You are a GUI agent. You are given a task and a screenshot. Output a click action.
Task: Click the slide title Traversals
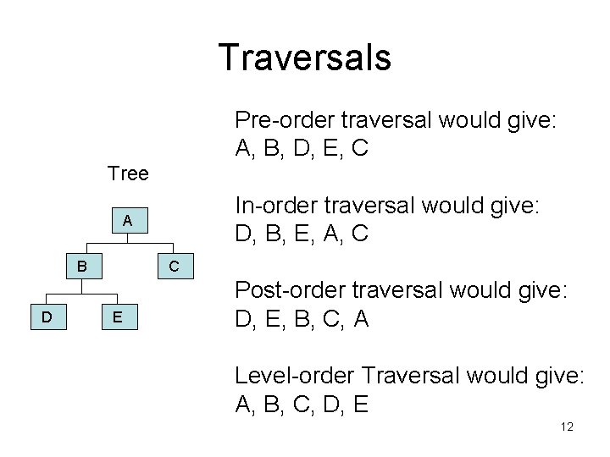pos(304,58)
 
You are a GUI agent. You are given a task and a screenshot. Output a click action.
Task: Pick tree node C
pos(172,267)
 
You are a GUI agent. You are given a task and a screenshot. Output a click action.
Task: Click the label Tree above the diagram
pos(129,174)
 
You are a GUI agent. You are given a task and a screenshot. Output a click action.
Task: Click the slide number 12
pos(567,427)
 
